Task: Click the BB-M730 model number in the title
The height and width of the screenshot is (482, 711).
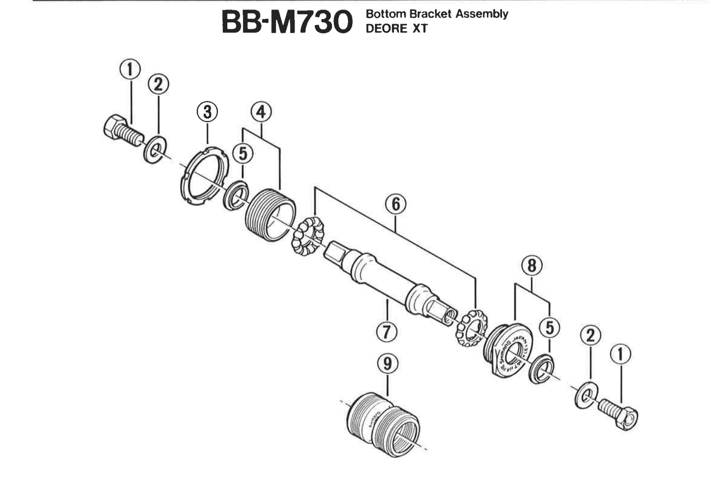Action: pos(287,22)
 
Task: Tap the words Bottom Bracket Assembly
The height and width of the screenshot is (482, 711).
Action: pos(437,14)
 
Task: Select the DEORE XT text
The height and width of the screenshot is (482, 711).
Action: pos(397,29)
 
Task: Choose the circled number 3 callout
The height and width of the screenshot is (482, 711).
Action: pos(207,112)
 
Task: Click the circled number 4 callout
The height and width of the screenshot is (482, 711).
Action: pos(261,112)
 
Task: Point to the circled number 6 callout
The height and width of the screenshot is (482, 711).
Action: pos(396,204)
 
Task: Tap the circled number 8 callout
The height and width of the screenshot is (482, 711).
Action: pos(532,266)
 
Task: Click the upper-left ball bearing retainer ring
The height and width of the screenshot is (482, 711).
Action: pos(308,237)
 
